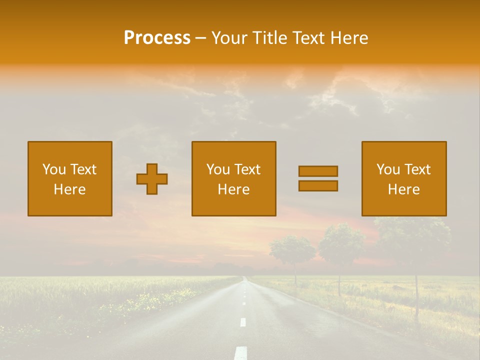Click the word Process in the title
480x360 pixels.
pos(157,38)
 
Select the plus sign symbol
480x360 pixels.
pos(152,179)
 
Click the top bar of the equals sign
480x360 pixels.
pos(318,171)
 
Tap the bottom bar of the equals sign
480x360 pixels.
pos(318,186)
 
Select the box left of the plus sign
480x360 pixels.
pos(70,179)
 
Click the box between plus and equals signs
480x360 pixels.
pos(233,179)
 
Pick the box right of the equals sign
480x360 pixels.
pos(404,179)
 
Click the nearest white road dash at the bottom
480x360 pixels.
pos(241,352)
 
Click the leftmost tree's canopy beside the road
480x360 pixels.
pos(292,248)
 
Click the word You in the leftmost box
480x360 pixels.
pos(54,169)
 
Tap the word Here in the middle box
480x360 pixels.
pos(233,189)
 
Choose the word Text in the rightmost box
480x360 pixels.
pos(417,169)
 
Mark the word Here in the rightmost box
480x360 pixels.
pos(404,189)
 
